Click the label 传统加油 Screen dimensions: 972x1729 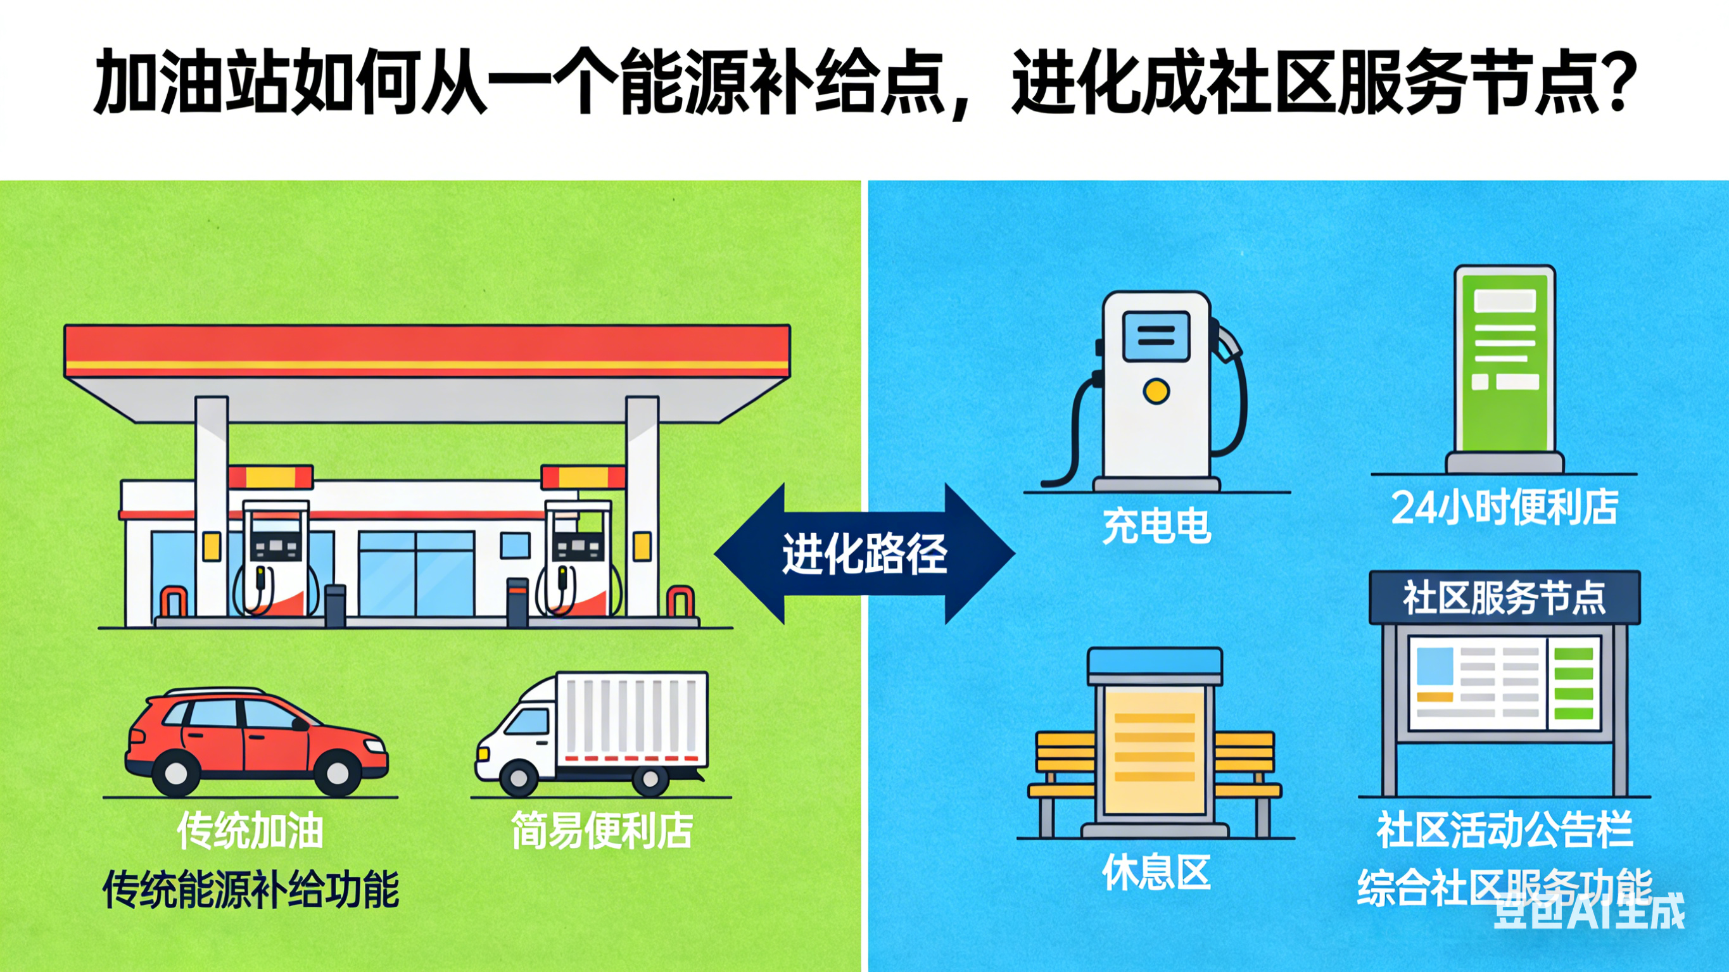(x=250, y=831)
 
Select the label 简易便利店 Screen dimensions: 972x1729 (x=602, y=831)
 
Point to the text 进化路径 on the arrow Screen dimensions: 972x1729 (x=864, y=555)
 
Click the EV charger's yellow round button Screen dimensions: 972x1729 (x=1156, y=391)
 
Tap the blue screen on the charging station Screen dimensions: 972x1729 (x=1156, y=336)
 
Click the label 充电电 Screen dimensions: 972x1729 (x=1156, y=526)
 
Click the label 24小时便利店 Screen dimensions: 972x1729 (x=1504, y=507)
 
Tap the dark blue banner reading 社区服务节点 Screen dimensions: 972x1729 (x=1504, y=596)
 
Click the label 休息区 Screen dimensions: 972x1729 (x=1156, y=873)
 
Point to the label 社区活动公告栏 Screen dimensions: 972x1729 (x=1504, y=830)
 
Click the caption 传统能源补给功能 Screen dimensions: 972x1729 (x=250, y=890)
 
